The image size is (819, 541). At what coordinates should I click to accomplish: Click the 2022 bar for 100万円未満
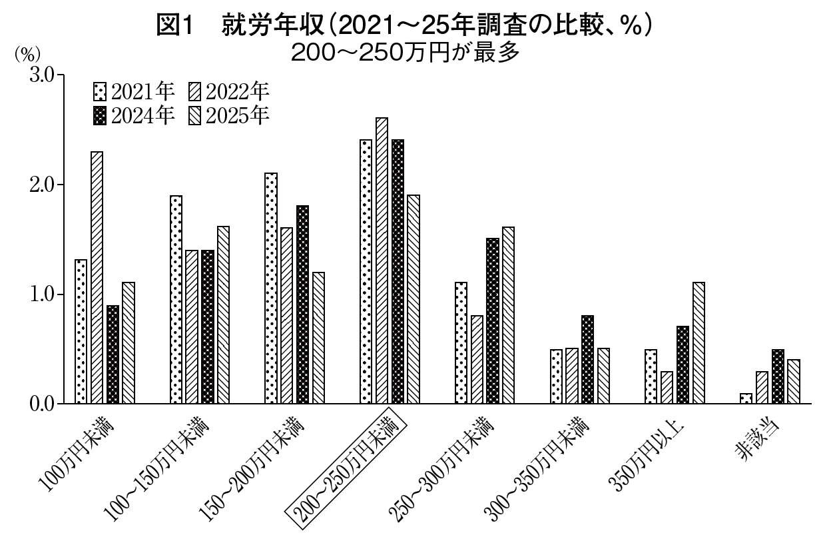(97, 277)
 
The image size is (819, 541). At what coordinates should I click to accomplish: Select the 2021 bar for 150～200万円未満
(271, 288)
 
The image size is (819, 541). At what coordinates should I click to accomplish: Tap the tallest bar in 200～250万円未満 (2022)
(382, 261)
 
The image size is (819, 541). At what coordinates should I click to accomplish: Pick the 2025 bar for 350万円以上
(698, 342)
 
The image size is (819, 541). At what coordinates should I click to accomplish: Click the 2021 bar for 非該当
(746, 398)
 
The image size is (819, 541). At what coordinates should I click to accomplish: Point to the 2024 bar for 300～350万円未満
(587, 359)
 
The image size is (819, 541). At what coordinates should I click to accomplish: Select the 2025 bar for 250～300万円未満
(508, 315)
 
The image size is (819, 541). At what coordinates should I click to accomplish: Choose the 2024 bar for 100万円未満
(113, 354)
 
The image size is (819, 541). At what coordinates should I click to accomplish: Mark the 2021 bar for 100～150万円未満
(176, 299)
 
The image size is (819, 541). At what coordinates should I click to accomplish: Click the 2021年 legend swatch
(101, 91)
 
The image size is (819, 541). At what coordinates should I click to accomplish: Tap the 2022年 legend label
(238, 91)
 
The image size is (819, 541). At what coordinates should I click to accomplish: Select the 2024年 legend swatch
(101, 115)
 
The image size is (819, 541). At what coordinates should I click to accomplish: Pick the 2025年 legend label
(238, 115)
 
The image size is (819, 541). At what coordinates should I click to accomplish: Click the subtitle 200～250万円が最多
(404, 52)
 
